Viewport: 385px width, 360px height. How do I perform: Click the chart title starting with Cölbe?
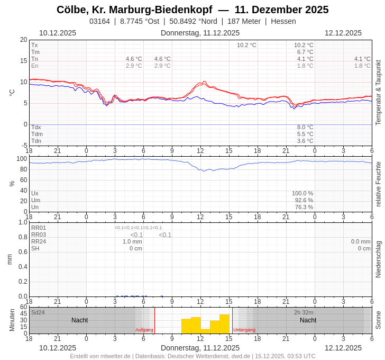(192, 10)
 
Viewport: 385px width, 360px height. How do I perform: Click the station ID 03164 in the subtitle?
(99, 21)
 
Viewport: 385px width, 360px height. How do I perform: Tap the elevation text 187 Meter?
(244, 21)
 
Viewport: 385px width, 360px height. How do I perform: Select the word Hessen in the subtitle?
(283, 21)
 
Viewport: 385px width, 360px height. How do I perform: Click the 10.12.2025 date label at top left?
(58, 33)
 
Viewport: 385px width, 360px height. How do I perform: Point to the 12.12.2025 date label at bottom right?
(343, 348)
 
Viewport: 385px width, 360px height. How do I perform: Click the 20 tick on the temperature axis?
(23, 40)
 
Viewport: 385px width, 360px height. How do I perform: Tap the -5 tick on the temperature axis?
(24, 146)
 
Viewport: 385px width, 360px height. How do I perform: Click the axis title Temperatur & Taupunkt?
(378, 93)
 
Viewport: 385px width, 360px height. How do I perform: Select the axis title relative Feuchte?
(378, 184)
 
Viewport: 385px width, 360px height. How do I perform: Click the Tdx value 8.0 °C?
(305, 127)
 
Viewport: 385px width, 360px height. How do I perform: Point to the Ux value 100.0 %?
(302, 193)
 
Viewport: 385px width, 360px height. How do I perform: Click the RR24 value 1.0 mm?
(132, 241)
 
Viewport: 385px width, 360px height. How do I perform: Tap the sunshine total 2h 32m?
(304, 312)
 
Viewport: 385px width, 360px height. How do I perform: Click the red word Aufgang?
(144, 330)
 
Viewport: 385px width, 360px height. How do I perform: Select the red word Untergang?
(244, 330)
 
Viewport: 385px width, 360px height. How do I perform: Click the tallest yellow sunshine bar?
(224, 324)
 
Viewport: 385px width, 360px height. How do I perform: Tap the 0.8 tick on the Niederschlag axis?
(23, 237)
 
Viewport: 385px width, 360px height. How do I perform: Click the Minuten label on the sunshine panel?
(12, 320)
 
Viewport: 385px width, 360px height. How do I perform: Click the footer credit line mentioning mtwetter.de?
(192, 356)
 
